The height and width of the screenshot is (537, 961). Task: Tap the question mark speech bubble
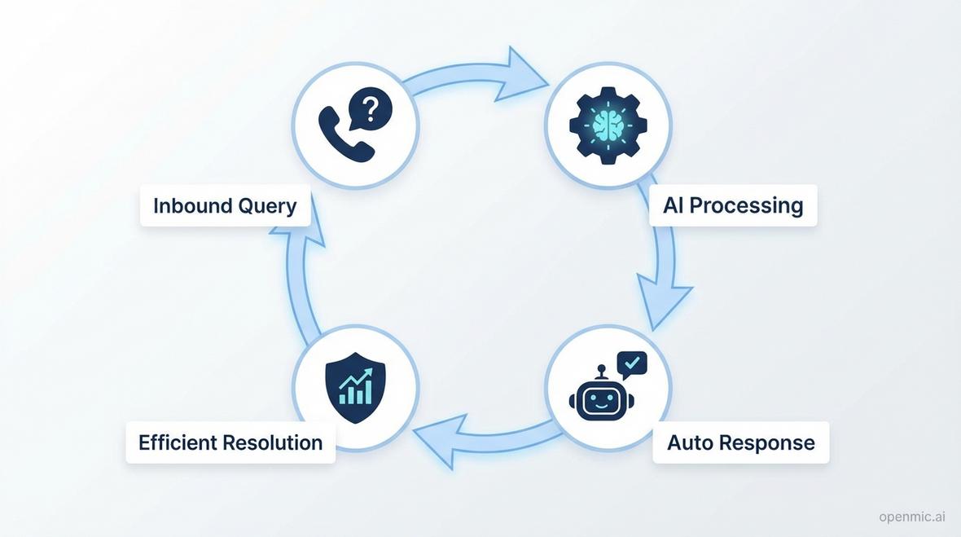click(369, 108)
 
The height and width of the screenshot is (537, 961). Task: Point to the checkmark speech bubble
click(632, 363)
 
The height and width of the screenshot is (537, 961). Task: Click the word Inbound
click(193, 205)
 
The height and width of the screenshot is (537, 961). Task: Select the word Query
click(267, 206)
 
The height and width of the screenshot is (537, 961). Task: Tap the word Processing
click(746, 205)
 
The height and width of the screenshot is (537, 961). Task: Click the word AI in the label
click(673, 205)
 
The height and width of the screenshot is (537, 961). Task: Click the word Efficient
click(177, 442)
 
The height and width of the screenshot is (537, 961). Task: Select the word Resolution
click(273, 442)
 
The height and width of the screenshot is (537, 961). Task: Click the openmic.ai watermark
click(911, 517)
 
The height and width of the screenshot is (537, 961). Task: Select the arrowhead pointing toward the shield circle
click(440, 438)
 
